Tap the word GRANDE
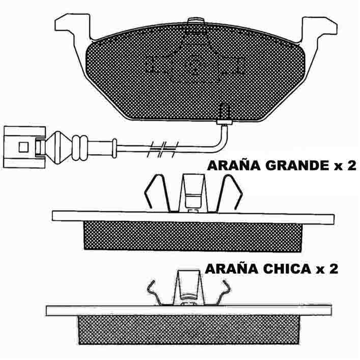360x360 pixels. tap(298, 166)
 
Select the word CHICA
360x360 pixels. tap(287, 269)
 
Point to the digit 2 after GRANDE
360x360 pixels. tap(351, 165)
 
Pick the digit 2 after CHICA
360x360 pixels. tap(333, 269)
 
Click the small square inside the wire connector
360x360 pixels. tap(23, 147)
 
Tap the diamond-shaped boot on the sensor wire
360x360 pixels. tap(59, 148)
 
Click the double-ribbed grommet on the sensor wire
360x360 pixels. tap(79, 148)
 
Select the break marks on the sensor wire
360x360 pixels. tap(162, 150)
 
